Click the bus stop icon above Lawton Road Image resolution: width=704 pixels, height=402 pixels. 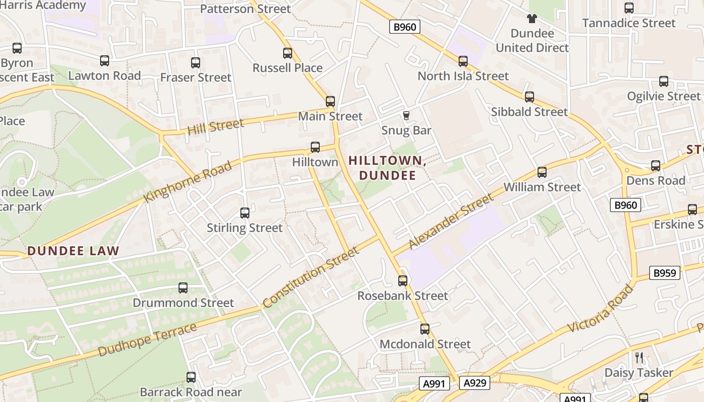coord(105,61)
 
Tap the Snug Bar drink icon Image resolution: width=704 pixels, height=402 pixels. coord(406,116)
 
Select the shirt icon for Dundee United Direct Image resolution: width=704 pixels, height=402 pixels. coord(532,19)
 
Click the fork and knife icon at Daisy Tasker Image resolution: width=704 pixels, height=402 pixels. coord(639,358)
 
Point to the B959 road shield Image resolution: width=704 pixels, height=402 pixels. coord(664,273)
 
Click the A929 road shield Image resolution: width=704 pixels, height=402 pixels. coord(474,383)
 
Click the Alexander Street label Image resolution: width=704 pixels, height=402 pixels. coord(451,222)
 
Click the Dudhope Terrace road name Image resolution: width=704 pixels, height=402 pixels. coord(147,340)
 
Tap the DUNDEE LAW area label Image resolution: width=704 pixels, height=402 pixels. coord(73,251)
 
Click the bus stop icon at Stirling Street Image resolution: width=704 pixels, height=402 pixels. coord(245,213)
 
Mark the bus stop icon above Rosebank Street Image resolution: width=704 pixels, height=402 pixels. coord(403,281)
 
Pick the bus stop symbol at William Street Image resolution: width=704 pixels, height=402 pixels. coord(542,172)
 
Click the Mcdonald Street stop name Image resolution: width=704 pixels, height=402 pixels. coord(425,344)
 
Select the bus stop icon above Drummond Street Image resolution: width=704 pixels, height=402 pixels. coord(183,288)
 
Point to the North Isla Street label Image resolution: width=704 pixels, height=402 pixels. coord(463,76)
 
